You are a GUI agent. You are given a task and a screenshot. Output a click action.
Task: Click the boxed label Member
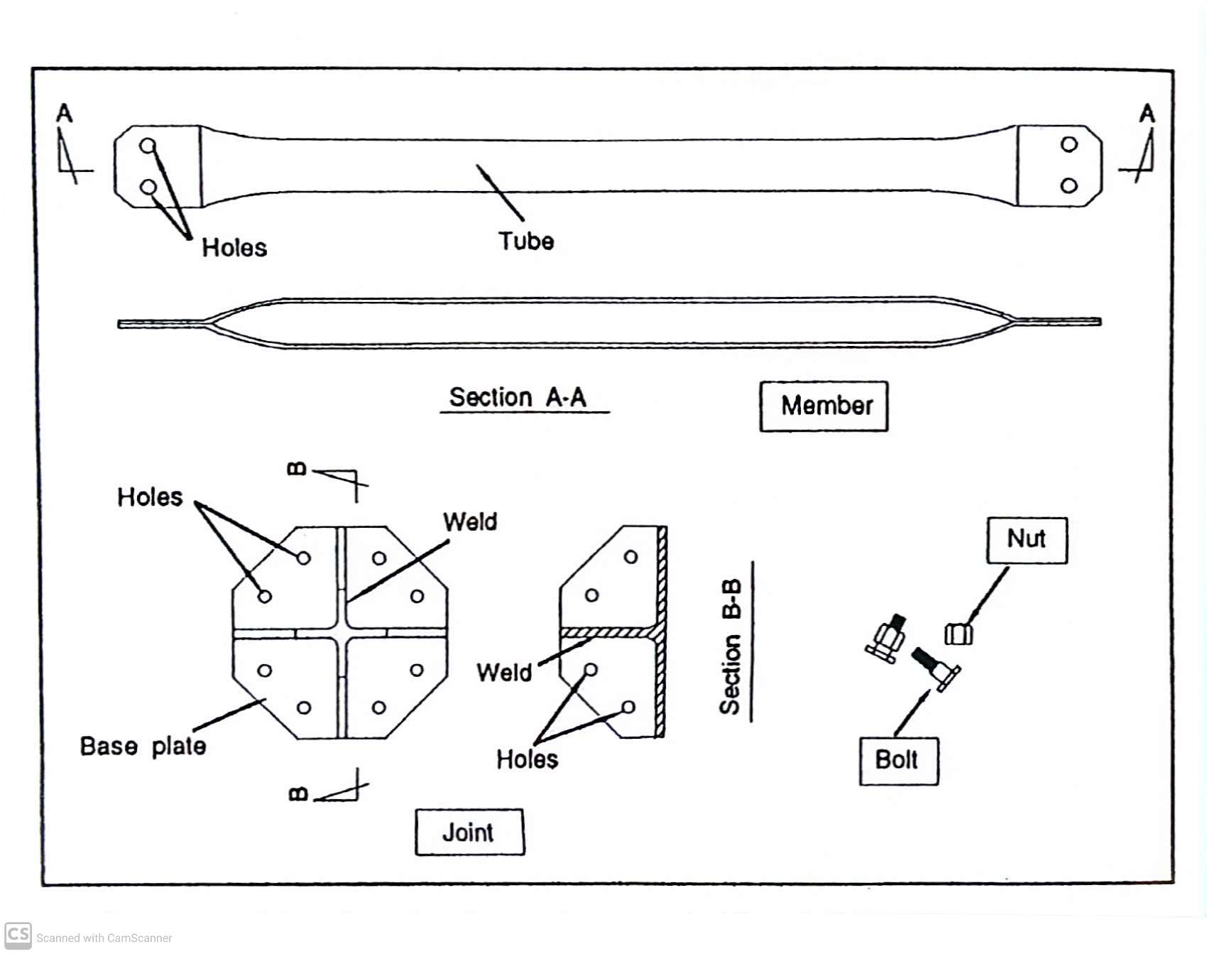pos(824,406)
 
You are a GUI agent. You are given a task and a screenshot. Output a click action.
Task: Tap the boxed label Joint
pos(469,832)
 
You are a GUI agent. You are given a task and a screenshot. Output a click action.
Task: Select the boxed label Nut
pos(1027,539)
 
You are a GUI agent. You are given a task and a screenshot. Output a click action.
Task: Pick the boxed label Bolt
pos(897,760)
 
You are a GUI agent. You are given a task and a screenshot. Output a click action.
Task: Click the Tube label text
pos(525,242)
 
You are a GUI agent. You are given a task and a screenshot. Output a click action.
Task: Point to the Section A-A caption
pos(518,397)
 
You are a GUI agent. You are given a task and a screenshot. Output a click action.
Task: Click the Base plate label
pos(143,746)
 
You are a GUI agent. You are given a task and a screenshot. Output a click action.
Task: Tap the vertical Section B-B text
pos(731,646)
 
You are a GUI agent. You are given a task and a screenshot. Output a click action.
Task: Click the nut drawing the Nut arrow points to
pos(958,633)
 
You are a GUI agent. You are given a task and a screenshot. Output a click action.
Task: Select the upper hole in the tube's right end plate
pos(1069,145)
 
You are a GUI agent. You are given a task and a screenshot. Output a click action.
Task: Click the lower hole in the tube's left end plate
pos(148,188)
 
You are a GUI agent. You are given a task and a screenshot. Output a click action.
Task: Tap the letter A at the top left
pos(65,113)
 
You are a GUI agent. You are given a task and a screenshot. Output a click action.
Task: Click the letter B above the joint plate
pos(297,469)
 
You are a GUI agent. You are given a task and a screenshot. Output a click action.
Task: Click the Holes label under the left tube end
pos(234,248)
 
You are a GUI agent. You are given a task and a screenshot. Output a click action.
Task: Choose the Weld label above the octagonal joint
pos(470,522)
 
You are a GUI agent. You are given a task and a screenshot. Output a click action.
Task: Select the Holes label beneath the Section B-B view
pos(527,759)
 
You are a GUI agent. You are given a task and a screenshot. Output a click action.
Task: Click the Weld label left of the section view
pos(504,672)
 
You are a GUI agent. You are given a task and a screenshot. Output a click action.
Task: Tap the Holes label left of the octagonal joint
pos(150,497)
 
